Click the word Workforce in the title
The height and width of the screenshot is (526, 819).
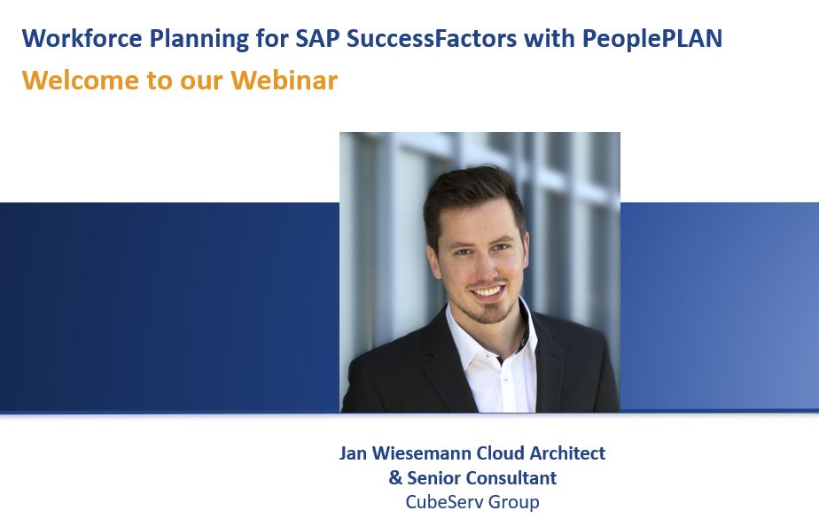tap(82, 38)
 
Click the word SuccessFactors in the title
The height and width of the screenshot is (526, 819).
tap(432, 38)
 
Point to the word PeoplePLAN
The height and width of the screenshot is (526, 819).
tap(652, 38)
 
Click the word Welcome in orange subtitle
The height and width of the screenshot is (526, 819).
tap(81, 80)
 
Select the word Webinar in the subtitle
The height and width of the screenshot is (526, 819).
tap(285, 80)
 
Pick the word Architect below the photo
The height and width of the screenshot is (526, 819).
tap(567, 453)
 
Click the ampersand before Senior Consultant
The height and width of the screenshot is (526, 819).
tap(395, 477)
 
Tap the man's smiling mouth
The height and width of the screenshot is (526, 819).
tap(487, 290)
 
